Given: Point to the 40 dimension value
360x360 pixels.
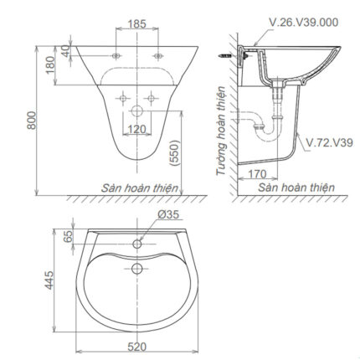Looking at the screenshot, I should pyautogui.click(x=64, y=52).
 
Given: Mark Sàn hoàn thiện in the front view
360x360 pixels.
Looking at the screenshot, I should pyautogui.click(x=140, y=188).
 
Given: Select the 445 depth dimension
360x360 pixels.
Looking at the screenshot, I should pyautogui.click(x=49, y=277).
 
